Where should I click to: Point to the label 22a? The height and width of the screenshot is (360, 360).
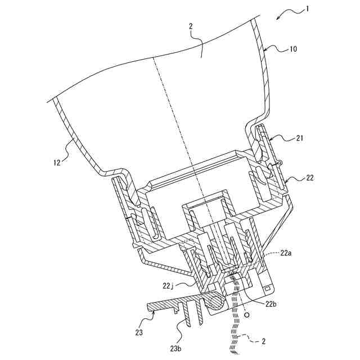(x=287, y=254)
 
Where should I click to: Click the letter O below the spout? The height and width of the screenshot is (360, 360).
(x=246, y=316)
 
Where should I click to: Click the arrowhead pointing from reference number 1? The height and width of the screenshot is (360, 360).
(x=279, y=18)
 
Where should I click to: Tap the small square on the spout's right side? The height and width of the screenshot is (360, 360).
(x=267, y=289)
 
